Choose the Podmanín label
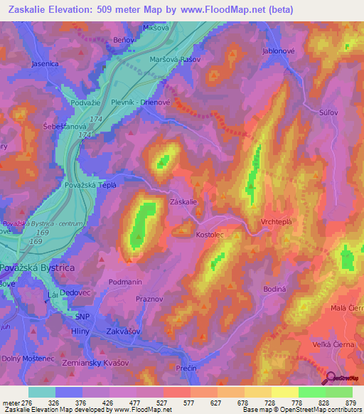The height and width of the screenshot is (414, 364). [126, 282]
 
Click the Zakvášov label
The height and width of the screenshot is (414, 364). [125, 331]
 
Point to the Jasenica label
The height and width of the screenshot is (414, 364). [45, 63]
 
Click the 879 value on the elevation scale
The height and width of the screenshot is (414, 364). [350, 403]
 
